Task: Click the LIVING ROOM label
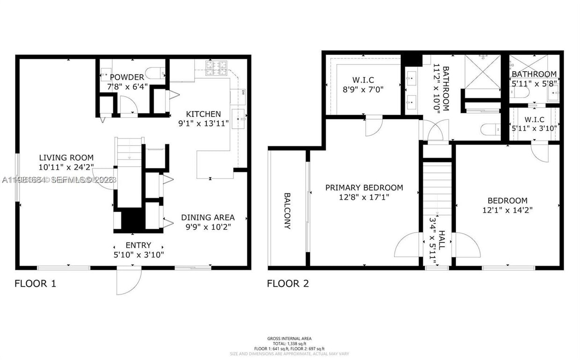point(66,158)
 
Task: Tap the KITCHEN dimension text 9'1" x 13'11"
point(203,125)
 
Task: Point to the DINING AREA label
point(208,217)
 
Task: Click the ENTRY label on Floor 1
point(138,245)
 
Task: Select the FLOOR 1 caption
point(36,283)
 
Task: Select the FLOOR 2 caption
point(288,283)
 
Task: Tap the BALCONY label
point(287,211)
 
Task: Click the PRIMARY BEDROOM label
point(364,188)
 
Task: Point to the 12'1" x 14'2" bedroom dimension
point(507,210)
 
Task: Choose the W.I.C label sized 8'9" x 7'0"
point(363,80)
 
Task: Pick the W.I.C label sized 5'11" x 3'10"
point(534,119)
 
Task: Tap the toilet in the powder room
point(154,73)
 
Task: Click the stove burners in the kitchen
point(217,68)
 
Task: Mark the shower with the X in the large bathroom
point(483,71)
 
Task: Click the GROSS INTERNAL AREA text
point(289,338)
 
